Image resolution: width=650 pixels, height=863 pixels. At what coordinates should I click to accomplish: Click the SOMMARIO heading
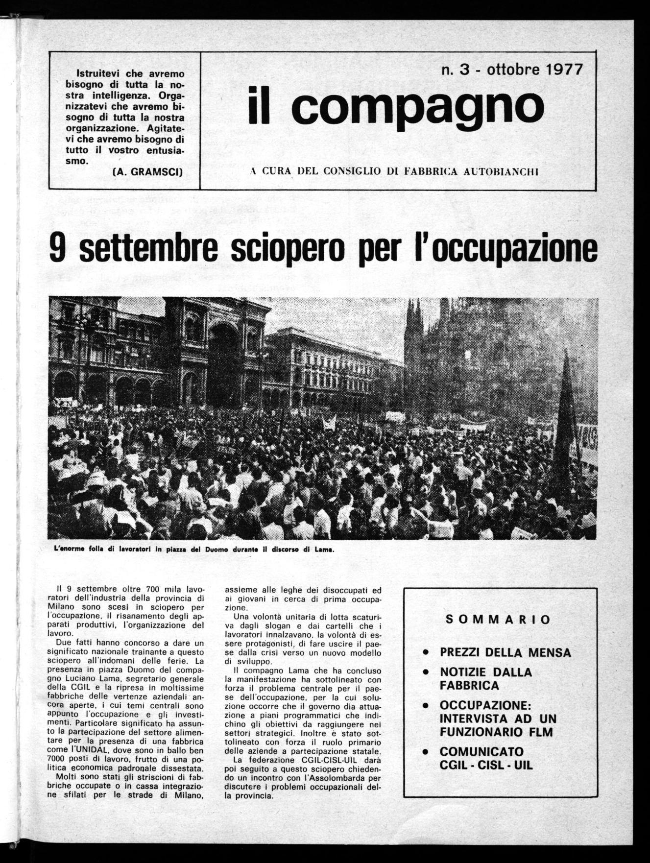click(x=499, y=620)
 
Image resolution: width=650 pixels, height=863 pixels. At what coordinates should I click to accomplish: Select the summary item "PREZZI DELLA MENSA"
click(x=506, y=652)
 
